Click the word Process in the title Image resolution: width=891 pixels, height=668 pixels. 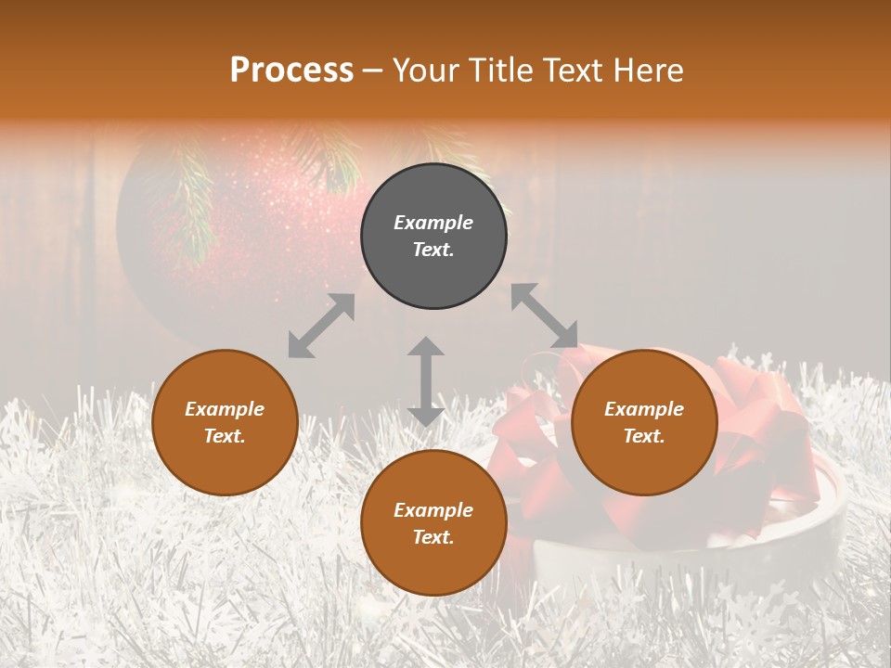click(291, 71)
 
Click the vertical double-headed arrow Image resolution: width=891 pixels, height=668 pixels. click(426, 381)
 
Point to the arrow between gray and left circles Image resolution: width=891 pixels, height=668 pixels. click(321, 326)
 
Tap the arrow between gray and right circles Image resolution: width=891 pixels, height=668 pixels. click(545, 316)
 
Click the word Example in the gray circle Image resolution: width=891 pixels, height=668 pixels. click(433, 223)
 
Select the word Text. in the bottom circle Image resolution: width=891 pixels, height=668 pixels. click(433, 537)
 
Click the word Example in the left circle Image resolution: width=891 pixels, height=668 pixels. click(225, 409)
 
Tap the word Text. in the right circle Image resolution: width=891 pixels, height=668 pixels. click(644, 436)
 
